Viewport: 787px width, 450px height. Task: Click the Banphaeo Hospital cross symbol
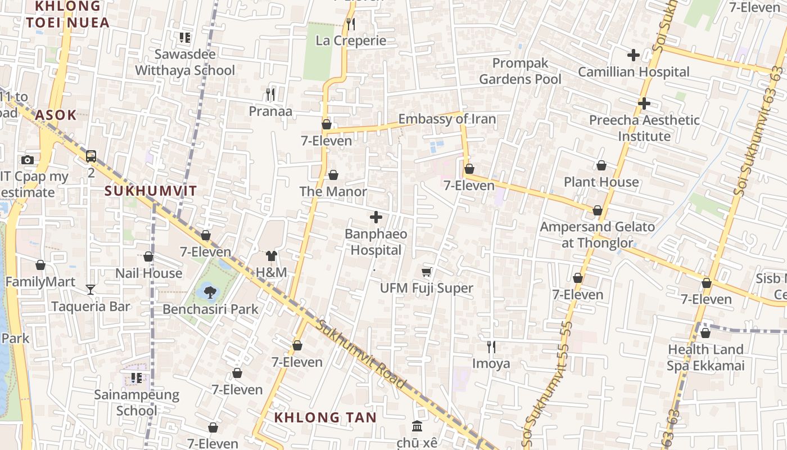tap(376, 217)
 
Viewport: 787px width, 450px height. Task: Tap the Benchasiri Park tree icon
tap(210, 292)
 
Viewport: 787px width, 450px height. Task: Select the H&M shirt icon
tap(272, 256)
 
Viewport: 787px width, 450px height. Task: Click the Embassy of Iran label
tap(447, 119)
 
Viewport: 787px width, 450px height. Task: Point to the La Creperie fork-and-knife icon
tap(350, 24)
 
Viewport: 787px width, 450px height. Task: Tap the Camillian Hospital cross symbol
tap(634, 55)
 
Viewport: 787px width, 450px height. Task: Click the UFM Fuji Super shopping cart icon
tap(427, 272)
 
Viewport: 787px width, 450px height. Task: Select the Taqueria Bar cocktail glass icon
tap(91, 290)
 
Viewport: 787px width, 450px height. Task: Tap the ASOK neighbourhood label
tap(56, 115)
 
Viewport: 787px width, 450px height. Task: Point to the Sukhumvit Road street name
tap(360, 354)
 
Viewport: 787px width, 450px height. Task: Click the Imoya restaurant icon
tap(491, 347)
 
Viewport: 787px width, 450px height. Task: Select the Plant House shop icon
tap(601, 165)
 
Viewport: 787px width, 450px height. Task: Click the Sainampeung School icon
tap(136, 378)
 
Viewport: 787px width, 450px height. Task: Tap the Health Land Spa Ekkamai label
tap(705, 358)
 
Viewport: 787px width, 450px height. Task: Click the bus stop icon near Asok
tap(91, 156)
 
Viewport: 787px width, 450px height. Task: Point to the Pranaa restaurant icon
tap(270, 94)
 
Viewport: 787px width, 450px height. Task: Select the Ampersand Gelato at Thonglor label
tap(597, 235)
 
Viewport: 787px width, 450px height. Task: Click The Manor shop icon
tap(333, 175)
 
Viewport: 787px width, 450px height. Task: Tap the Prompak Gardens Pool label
tap(519, 71)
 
